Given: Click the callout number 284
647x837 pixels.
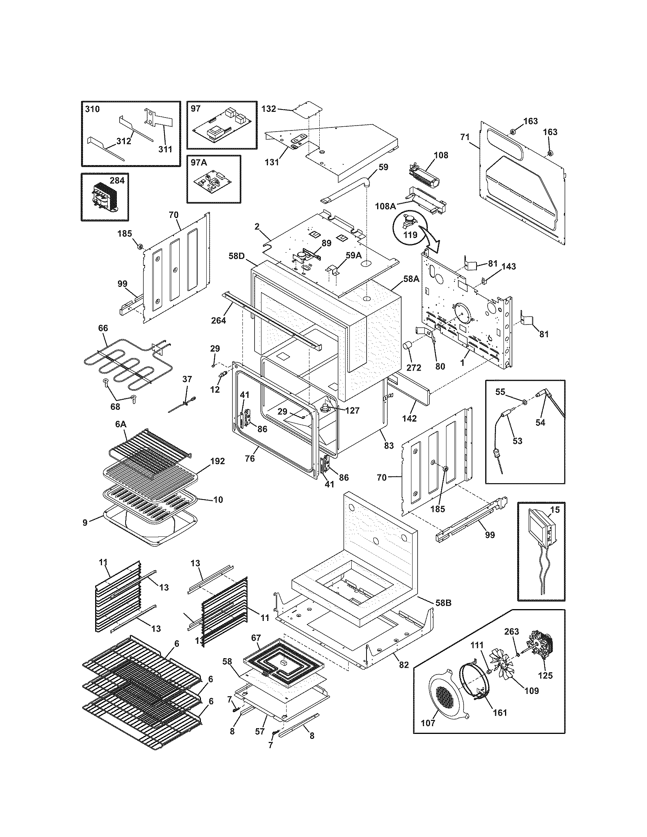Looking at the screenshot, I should click(117, 180).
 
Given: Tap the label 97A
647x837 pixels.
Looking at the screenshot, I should click(199, 162).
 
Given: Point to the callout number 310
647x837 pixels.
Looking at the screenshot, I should click(92, 109).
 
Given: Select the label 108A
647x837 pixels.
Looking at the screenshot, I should click(385, 206).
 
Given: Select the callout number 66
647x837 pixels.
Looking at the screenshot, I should click(103, 328).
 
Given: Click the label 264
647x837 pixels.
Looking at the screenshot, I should click(218, 320).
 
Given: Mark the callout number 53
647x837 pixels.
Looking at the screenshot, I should click(517, 441).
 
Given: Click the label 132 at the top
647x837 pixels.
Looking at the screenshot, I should click(268, 109).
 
